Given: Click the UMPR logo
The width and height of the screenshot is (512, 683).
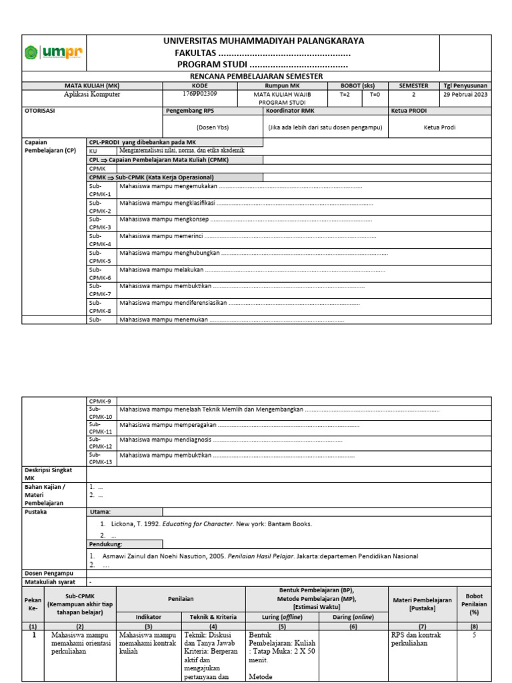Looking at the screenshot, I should point(54,53).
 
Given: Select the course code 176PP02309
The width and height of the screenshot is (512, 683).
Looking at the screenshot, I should point(191,94).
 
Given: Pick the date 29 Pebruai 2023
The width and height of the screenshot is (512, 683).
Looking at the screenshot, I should point(465,95).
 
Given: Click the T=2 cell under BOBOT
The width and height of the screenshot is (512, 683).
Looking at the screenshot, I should point(345,95).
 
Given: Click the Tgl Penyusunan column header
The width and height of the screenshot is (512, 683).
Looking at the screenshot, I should point(465,85).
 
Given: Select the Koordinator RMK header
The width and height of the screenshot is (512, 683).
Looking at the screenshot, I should point(289,111).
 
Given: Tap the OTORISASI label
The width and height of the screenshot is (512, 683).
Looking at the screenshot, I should point(39,111).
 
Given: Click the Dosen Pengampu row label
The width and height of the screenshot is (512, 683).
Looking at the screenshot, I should point(49,573).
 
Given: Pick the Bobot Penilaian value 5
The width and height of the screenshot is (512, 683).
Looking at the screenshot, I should point(474,636).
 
